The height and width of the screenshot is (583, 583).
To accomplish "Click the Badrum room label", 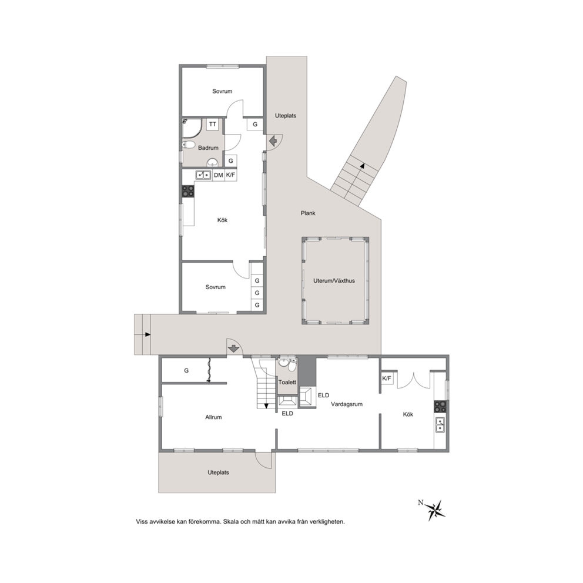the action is [208, 148].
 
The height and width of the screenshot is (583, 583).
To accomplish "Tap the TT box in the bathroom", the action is [212, 124].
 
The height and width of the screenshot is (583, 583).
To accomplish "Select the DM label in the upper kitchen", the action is [218, 175].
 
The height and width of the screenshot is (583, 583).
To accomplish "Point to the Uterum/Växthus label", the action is [334, 281].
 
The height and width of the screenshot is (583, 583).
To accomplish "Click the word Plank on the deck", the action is [308, 213].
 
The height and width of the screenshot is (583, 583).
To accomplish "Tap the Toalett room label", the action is [287, 382].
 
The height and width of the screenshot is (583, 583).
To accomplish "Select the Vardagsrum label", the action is [347, 404].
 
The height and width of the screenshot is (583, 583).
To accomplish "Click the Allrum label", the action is [213, 417].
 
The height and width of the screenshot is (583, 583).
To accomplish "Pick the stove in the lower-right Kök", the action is [440, 406].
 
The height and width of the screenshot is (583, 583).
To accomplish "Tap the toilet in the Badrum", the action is [189, 145].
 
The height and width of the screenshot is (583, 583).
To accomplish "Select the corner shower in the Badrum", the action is [192, 128].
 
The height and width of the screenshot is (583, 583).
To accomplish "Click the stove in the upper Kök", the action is [187, 191].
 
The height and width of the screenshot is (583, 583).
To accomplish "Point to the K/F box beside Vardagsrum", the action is [387, 378].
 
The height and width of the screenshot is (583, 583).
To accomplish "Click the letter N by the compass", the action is [421, 502].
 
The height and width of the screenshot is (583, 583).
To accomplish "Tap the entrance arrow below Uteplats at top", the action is [273, 141].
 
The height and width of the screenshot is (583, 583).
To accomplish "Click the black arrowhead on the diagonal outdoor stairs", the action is [362, 165].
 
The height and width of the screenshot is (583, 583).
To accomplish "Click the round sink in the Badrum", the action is [212, 162].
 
